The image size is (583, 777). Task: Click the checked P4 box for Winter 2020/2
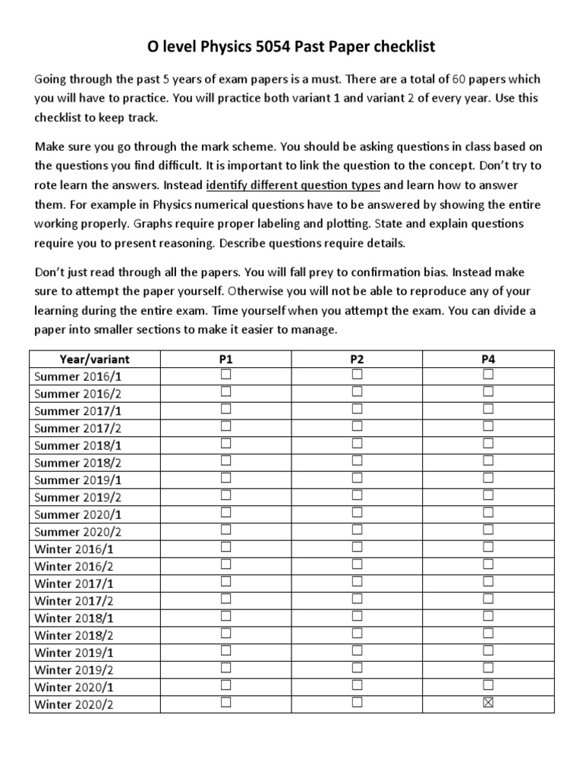click(488, 703)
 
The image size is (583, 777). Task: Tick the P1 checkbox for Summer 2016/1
click(225, 375)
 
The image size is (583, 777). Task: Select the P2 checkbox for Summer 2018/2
click(357, 461)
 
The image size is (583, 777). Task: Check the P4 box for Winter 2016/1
click(488, 547)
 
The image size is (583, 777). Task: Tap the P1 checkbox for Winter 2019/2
click(225, 668)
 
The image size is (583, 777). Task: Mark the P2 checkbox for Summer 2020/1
click(357, 512)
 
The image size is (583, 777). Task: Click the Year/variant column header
click(95, 359)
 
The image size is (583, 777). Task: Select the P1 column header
click(225, 359)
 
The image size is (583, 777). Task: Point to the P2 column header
click(357, 359)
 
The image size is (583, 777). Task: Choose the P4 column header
click(488, 359)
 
